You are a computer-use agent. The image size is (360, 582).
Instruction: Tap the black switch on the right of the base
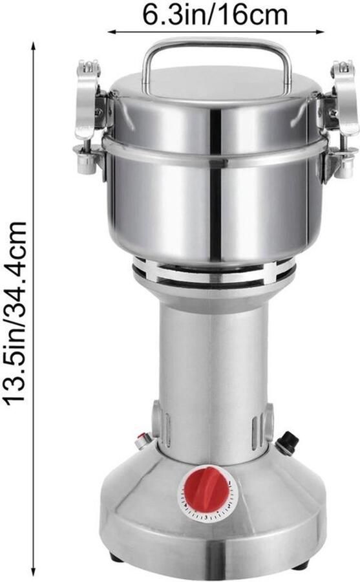pos(288,442)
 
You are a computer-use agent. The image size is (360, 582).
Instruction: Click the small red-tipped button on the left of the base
pos(143,441)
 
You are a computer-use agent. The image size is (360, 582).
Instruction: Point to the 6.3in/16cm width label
pos(215,16)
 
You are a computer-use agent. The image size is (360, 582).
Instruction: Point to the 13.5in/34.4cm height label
pos(16,311)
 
